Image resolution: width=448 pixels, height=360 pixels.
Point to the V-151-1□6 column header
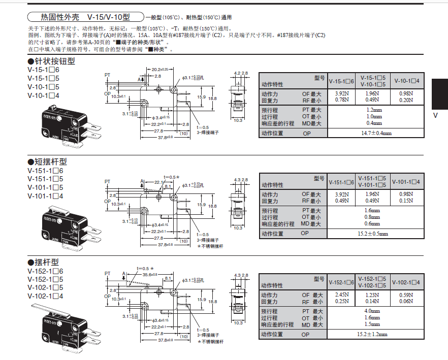[x=341, y=182]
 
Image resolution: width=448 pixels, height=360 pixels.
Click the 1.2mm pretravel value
[x=373, y=109]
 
